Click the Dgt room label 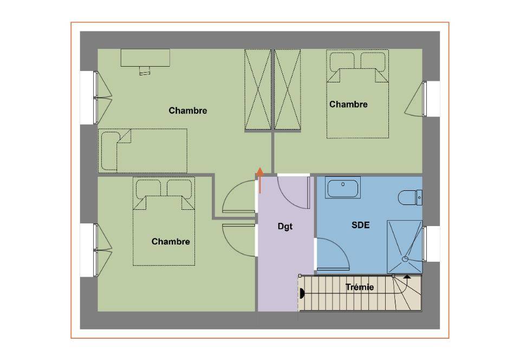click(x=285, y=227)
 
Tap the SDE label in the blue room click(x=361, y=226)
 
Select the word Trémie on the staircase click(x=360, y=287)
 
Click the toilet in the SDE click(x=409, y=197)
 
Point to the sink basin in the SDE click(x=343, y=188)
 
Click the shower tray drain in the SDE click(x=405, y=259)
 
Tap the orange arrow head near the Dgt click(x=260, y=172)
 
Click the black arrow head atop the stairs click(x=407, y=276)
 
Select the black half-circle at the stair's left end click(x=302, y=293)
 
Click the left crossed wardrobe click(x=258, y=89)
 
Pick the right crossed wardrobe click(x=288, y=89)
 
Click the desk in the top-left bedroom click(x=145, y=57)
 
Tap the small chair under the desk click(x=145, y=70)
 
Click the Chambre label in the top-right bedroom click(x=348, y=105)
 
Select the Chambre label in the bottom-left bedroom click(x=171, y=242)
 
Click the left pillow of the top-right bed click(x=342, y=62)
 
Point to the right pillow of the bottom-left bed click(x=179, y=189)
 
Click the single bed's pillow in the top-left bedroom click(x=110, y=151)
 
